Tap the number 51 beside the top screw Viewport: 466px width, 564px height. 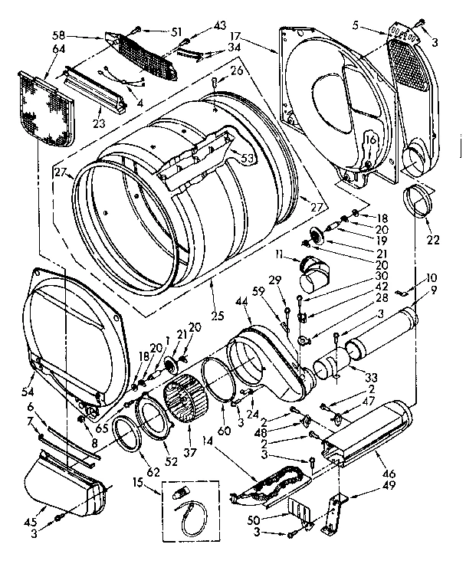coord(178,31)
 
